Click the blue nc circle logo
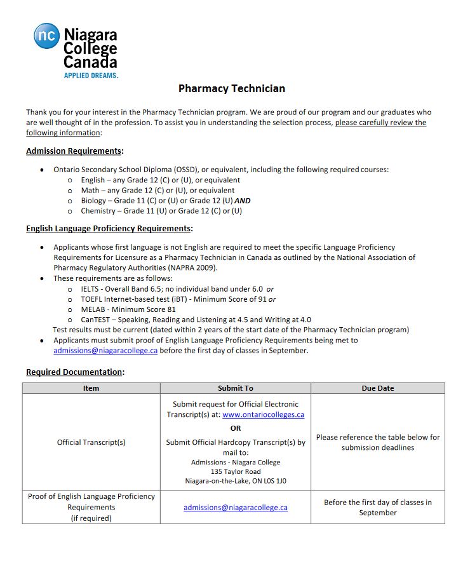[x=46, y=36]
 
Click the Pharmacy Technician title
[x=231, y=89]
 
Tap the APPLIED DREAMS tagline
[x=91, y=76]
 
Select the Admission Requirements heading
[x=74, y=151]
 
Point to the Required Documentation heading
[x=75, y=372]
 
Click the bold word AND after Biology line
[x=243, y=201]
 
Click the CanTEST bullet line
[x=196, y=320]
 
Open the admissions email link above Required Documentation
[x=105, y=351]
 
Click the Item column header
[x=91, y=388]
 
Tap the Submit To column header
[x=235, y=388]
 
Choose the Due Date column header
[x=377, y=388]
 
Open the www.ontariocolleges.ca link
[x=263, y=414]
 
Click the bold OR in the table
[x=235, y=428]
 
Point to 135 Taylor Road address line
[x=235, y=472]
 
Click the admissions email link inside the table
[x=235, y=508]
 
